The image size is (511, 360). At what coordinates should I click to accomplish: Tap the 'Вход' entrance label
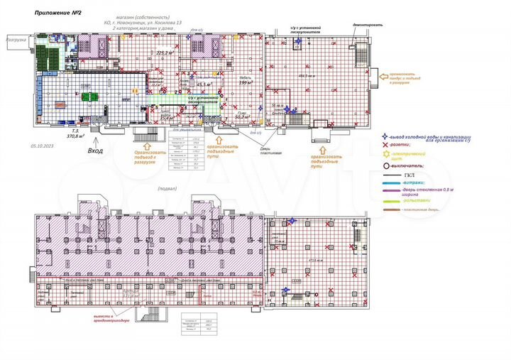click(94, 151)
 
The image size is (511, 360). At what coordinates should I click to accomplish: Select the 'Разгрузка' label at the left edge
click(16, 40)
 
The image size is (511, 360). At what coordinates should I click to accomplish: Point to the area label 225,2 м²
click(165, 53)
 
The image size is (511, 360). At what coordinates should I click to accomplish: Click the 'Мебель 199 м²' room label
click(246, 81)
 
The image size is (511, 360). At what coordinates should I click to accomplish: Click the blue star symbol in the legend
click(385, 136)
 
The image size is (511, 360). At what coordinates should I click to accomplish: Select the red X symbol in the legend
click(385, 143)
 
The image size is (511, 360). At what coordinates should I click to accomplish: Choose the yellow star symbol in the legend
click(385, 154)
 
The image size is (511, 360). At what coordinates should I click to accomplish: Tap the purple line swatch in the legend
click(392, 191)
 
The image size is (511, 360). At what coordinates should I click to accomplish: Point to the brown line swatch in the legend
click(392, 211)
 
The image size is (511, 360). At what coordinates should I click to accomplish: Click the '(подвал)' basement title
click(168, 190)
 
